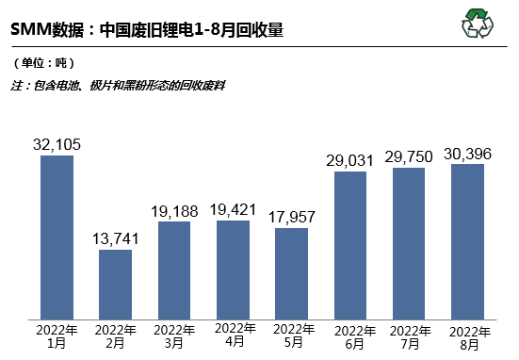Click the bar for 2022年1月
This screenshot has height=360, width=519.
pyautogui.click(x=57, y=236)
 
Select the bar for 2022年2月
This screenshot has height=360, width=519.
pyautogui.click(x=115, y=283)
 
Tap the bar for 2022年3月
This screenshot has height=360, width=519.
pyautogui.click(x=174, y=269)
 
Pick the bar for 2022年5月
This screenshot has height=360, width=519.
pyautogui.click(x=291, y=271)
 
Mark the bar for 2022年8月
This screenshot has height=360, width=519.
pyautogui.click(x=468, y=240)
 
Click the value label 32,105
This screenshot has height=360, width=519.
pyautogui.click(x=57, y=144)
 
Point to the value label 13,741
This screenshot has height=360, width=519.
pyautogui.click(x=115, y=239)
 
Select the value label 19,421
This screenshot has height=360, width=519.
pyautogui.click(x=233, y=209)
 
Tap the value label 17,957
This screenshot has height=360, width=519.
pyautogui.click(x=291, y=217)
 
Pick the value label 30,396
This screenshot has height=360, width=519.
pyautogui.click(x=468, y=154)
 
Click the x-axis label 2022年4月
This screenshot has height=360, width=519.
pyautogui.click(x=233, y=335)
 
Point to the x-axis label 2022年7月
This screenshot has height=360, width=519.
pyautogui.click(x=410, y=336)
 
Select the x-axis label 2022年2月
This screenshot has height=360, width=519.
pyautogui.click(x=115, y=336)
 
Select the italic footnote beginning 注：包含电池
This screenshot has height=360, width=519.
pyautogui.click(x=118, y=85)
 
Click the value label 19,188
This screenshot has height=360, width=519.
pyautogui.click(x=174, y=211)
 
